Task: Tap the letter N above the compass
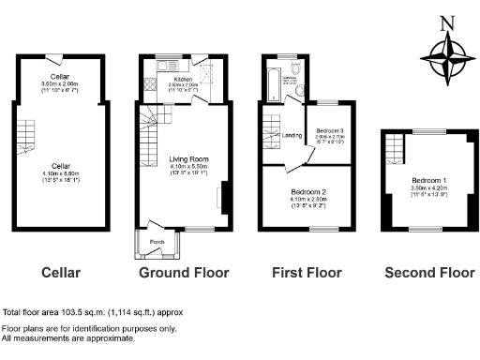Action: tap(447, 23)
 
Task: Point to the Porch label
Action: tap(157, 242)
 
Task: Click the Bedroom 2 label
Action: tap(307, 191)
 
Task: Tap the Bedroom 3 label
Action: tap(330, 130)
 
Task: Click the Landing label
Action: tap(292, 136)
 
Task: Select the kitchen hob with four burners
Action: tap(149, 86)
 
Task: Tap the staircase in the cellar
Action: tap(23, 138)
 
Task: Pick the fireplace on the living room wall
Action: tap(220, 197)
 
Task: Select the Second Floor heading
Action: tap(429, 273)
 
